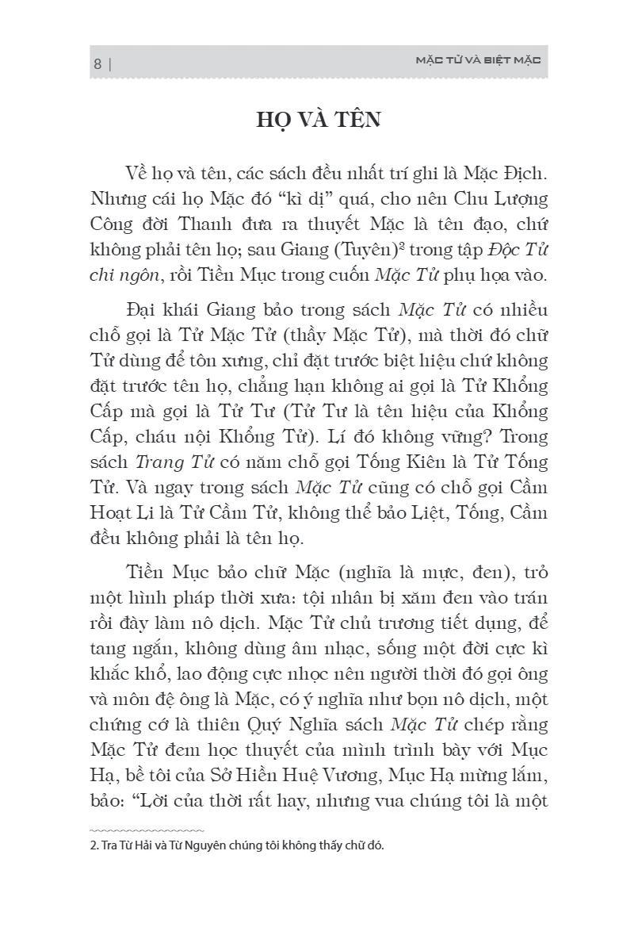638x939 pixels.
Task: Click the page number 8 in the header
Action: [97, 64]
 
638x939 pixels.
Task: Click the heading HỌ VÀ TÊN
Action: [319, 121]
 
